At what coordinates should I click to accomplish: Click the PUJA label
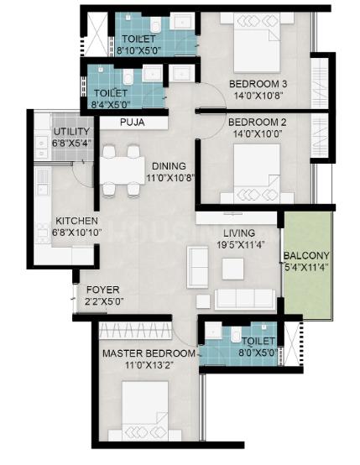point(133,123)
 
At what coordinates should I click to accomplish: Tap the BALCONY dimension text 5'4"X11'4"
point(306,267)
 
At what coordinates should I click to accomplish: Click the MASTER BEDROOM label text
point(149,353)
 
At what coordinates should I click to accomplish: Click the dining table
point(122,170)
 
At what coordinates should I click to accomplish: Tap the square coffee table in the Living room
point(233,269)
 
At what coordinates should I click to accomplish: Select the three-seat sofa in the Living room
point(244,299)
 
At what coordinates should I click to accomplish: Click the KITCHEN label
point(77,221)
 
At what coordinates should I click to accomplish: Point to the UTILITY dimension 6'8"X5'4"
point(71,143)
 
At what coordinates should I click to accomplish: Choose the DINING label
point(169,166)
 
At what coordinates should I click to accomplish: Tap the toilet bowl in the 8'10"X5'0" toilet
point(155,24)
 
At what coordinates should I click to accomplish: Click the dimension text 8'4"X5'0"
point(110,104)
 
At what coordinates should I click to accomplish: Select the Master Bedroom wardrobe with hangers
point(135,331)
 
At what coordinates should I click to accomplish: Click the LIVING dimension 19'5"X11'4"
point(239,244)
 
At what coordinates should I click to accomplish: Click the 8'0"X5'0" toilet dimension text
point(258,353)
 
